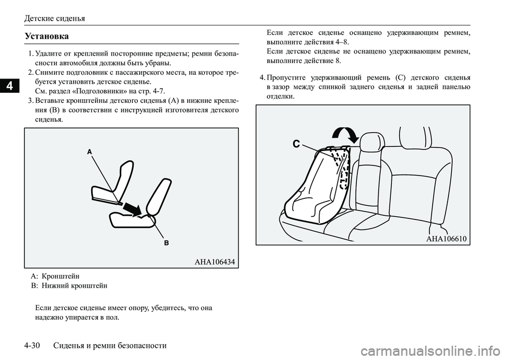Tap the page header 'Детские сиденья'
click(55, 18)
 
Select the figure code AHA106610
click(446, 239)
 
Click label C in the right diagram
click(296, 143)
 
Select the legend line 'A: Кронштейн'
click(56, 276)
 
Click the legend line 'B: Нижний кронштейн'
click(69, 285)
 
